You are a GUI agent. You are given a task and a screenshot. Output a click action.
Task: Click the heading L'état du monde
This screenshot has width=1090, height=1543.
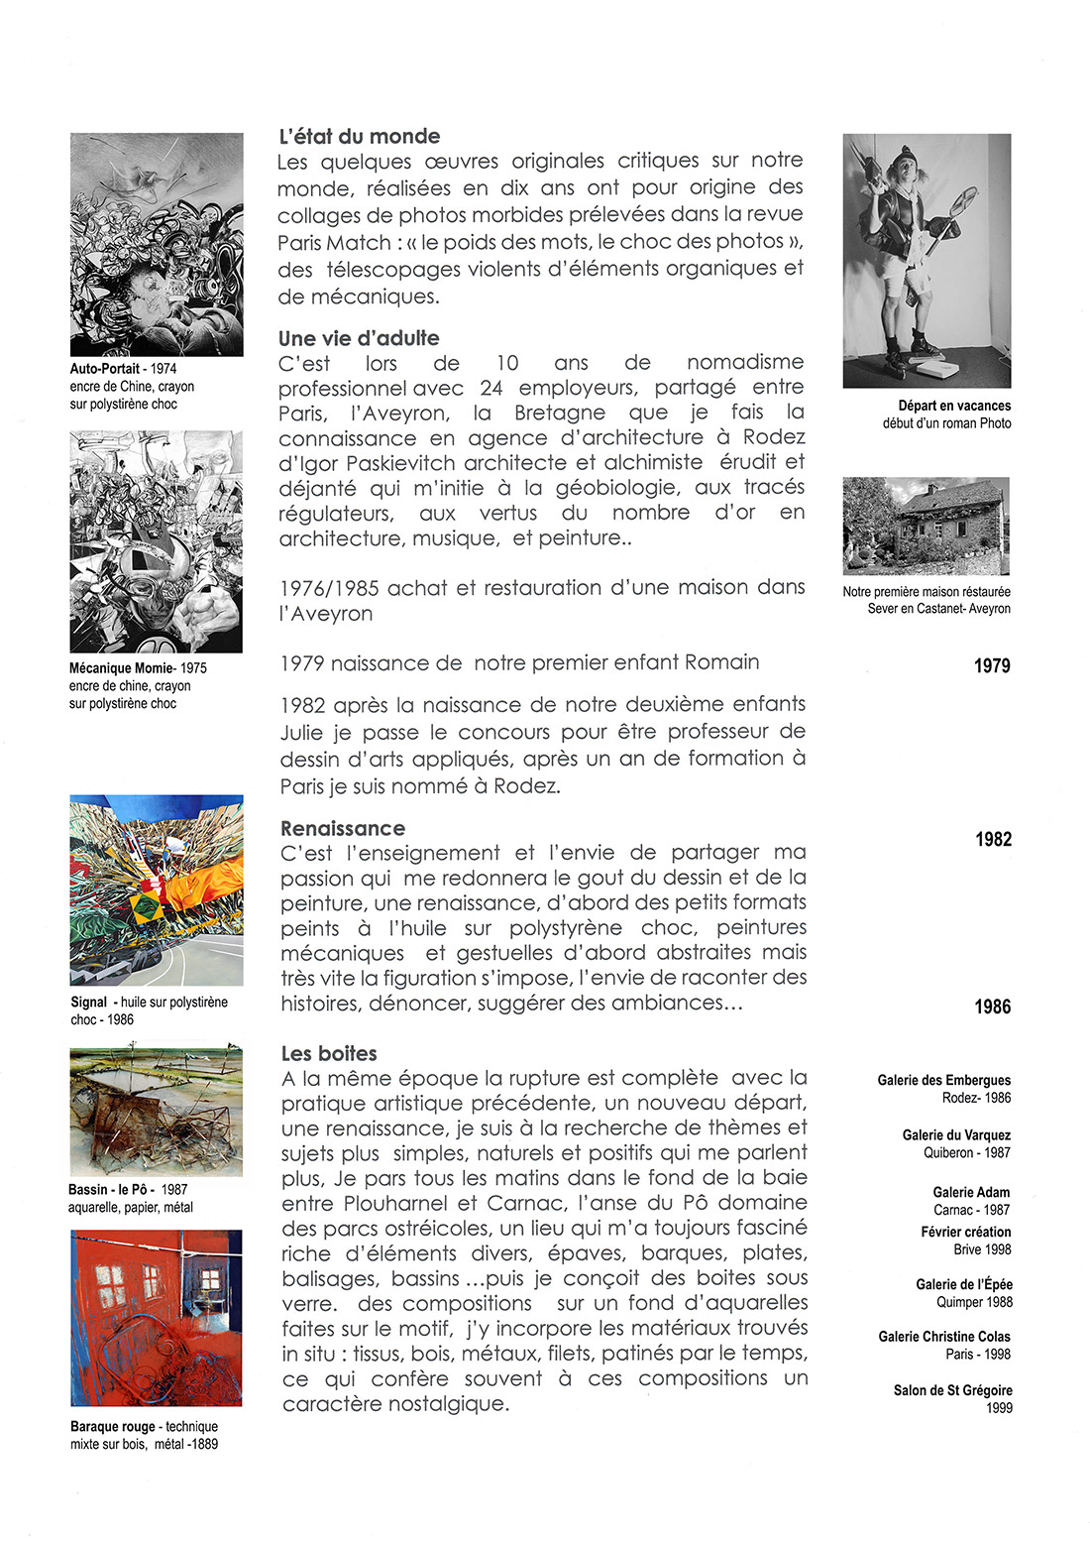359,137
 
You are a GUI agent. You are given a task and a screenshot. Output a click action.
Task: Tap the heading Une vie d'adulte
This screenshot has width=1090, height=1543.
359,338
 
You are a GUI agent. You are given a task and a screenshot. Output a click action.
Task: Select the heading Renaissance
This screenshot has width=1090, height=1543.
343,828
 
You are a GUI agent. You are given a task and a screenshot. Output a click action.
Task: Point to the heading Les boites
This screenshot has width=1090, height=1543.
329,1053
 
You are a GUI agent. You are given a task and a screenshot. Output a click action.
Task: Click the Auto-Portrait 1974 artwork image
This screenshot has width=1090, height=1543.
157,244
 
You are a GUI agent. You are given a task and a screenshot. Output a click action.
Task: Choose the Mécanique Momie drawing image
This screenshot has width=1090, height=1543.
156,541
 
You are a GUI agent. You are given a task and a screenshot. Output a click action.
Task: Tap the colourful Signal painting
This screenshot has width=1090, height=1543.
157,890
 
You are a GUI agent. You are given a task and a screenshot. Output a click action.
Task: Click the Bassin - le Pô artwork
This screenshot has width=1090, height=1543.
157,1111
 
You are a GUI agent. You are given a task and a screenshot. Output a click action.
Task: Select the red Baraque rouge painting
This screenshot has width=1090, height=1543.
157,1318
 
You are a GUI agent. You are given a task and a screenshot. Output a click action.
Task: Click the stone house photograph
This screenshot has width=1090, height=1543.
926,526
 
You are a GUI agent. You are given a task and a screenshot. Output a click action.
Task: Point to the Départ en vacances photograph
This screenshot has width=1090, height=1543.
926,260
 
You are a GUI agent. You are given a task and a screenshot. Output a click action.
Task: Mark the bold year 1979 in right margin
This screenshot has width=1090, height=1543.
992,666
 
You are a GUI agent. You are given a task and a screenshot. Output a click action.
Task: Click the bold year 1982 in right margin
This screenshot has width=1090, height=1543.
993,840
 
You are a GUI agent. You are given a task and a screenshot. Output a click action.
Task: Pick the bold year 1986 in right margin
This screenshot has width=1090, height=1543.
992,1008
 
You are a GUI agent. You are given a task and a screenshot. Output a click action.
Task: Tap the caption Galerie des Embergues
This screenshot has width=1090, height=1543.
943,1080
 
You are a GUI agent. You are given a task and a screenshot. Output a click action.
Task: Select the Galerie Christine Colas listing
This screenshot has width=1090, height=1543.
944,1337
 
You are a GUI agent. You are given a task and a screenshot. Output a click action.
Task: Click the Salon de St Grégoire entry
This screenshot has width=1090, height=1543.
952,1390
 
